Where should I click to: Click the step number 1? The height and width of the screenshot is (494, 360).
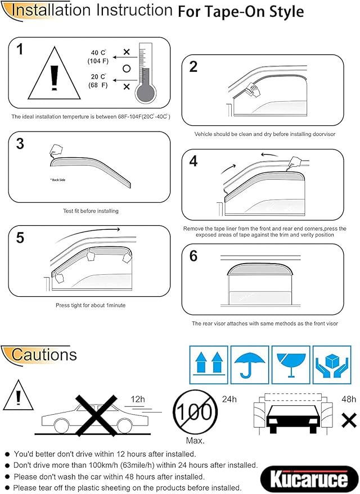(20, 50)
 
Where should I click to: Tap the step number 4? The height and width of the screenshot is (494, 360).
(193, 161)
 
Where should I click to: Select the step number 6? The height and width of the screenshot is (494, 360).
(193, 256)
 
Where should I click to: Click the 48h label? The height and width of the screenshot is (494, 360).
(349, 399)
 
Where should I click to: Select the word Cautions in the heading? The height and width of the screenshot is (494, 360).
(44, 355)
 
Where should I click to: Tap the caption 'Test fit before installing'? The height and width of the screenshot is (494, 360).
(91, 211)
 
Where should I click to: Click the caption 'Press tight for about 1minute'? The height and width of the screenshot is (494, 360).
(91, 305)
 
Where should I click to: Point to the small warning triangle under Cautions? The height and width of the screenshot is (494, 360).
(19, 397)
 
